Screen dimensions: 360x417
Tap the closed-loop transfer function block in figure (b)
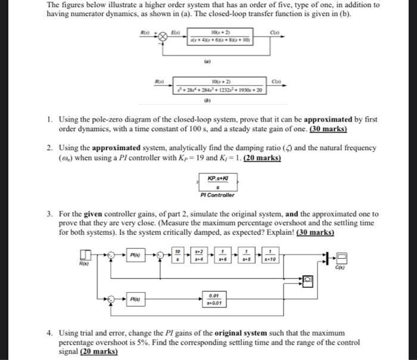(x=221, y=87)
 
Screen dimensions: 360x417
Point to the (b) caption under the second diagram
(x=221, y=100)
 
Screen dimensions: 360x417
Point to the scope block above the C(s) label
(x=342, y=257)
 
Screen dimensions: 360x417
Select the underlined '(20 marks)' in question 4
(x=99, y=352)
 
